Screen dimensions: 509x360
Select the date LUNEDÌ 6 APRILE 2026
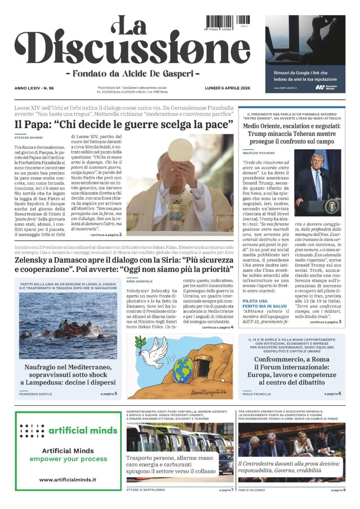(227, 88)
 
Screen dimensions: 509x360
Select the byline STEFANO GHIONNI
(28, 137)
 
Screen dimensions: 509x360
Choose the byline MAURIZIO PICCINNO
(258, 152)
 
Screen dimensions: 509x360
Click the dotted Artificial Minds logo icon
(32, 431)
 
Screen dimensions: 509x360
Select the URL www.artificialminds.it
(68, 480)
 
